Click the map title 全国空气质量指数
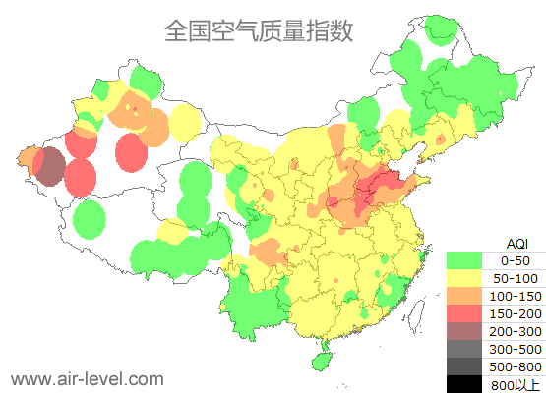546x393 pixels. [258, 30]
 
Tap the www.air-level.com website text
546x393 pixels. [88, 378]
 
